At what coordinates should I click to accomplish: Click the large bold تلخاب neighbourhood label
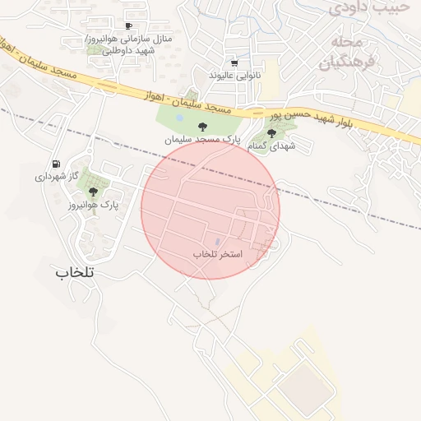click(x=76, y=272)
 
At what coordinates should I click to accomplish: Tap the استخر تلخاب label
click(x=218, y=254)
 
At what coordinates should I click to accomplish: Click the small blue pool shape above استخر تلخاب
click(x=217, y=242)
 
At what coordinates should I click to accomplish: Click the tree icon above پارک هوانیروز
click(x=93, y=192)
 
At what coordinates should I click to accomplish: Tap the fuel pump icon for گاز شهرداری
click(x=56, y=164)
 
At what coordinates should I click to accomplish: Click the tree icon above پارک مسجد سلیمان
click(x=202, y=127)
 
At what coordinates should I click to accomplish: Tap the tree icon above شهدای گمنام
click(x=272, y=132)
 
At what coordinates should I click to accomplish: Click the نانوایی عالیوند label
click(x=234, y=75)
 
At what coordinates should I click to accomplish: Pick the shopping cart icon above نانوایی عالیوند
click(x=234, y=62)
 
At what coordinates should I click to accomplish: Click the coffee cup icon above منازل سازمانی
click(x=127, y=26)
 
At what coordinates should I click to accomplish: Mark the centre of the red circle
click(x=210, y=210)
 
